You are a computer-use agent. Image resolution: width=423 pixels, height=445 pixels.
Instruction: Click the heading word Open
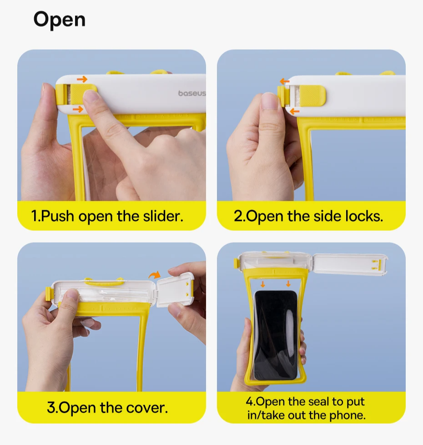[x=59, y=20]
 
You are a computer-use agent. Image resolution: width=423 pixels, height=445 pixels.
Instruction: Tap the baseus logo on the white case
[x=192, y=93]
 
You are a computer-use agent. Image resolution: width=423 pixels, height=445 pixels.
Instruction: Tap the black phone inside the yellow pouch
[x=276, y=335]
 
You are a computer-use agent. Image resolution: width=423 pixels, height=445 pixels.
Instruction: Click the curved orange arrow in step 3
[x=155, y=274]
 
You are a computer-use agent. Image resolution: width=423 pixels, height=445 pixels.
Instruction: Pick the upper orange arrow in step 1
[x=82, y=79]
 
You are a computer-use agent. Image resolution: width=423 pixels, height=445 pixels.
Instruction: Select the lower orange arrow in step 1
[x=78, y=109]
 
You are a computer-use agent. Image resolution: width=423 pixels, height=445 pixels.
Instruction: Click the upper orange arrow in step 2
[x=285, y=82]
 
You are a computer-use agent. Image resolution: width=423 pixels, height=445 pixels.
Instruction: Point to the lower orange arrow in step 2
[x=295, y=111]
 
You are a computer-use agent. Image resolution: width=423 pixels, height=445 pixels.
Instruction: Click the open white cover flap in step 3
[x=175, y=290]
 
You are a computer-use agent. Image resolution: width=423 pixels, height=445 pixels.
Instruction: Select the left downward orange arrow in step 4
[x=263, y=284]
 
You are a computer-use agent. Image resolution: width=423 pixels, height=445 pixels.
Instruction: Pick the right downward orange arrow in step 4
[x=288, y=283]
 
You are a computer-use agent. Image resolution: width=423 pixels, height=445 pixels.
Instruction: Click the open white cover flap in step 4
[x=350, y=264]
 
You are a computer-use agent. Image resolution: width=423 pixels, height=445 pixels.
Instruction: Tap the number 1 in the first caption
[x=35, y=216]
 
